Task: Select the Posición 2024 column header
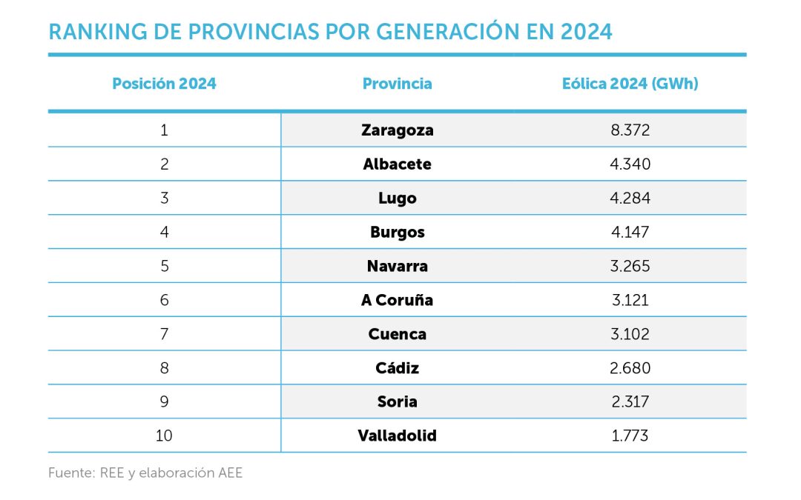(164, 84)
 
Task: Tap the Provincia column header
(397, 84)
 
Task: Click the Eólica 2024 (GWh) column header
(630, 84)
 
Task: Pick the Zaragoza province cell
(397, 130)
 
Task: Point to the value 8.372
(630, 130)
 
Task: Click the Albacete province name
(397, 164)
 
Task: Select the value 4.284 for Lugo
(630, 199)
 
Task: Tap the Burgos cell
(397, 233)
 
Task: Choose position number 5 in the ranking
(164, 266)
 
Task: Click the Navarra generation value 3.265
(630, 266)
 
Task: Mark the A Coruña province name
(397, 300)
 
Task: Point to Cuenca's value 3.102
(630, 334)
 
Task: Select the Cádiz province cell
(397, 368)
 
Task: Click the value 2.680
(630, 368)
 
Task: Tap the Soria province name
(397, 401)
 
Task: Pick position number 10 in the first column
(164, 436)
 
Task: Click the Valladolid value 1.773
(630, 436)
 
